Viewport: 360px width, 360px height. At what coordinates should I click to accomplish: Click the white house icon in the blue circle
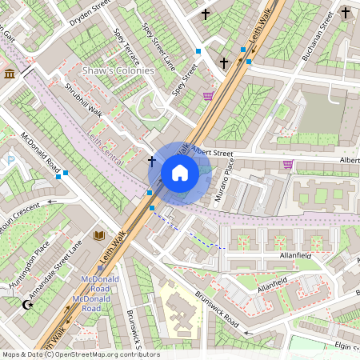(x=180, y=173)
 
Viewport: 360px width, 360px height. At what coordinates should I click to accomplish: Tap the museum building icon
(x=10, y=74)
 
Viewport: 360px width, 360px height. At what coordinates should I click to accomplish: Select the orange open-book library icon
(x=99, y=236)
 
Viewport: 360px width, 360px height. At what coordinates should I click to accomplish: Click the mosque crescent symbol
(x=27, y=305)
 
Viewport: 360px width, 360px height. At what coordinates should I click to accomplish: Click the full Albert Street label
(x=212, y=152)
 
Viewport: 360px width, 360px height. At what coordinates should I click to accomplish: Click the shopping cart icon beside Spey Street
(x=208, y=96)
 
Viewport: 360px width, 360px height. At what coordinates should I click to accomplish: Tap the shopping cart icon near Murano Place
(x=288, y=165)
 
